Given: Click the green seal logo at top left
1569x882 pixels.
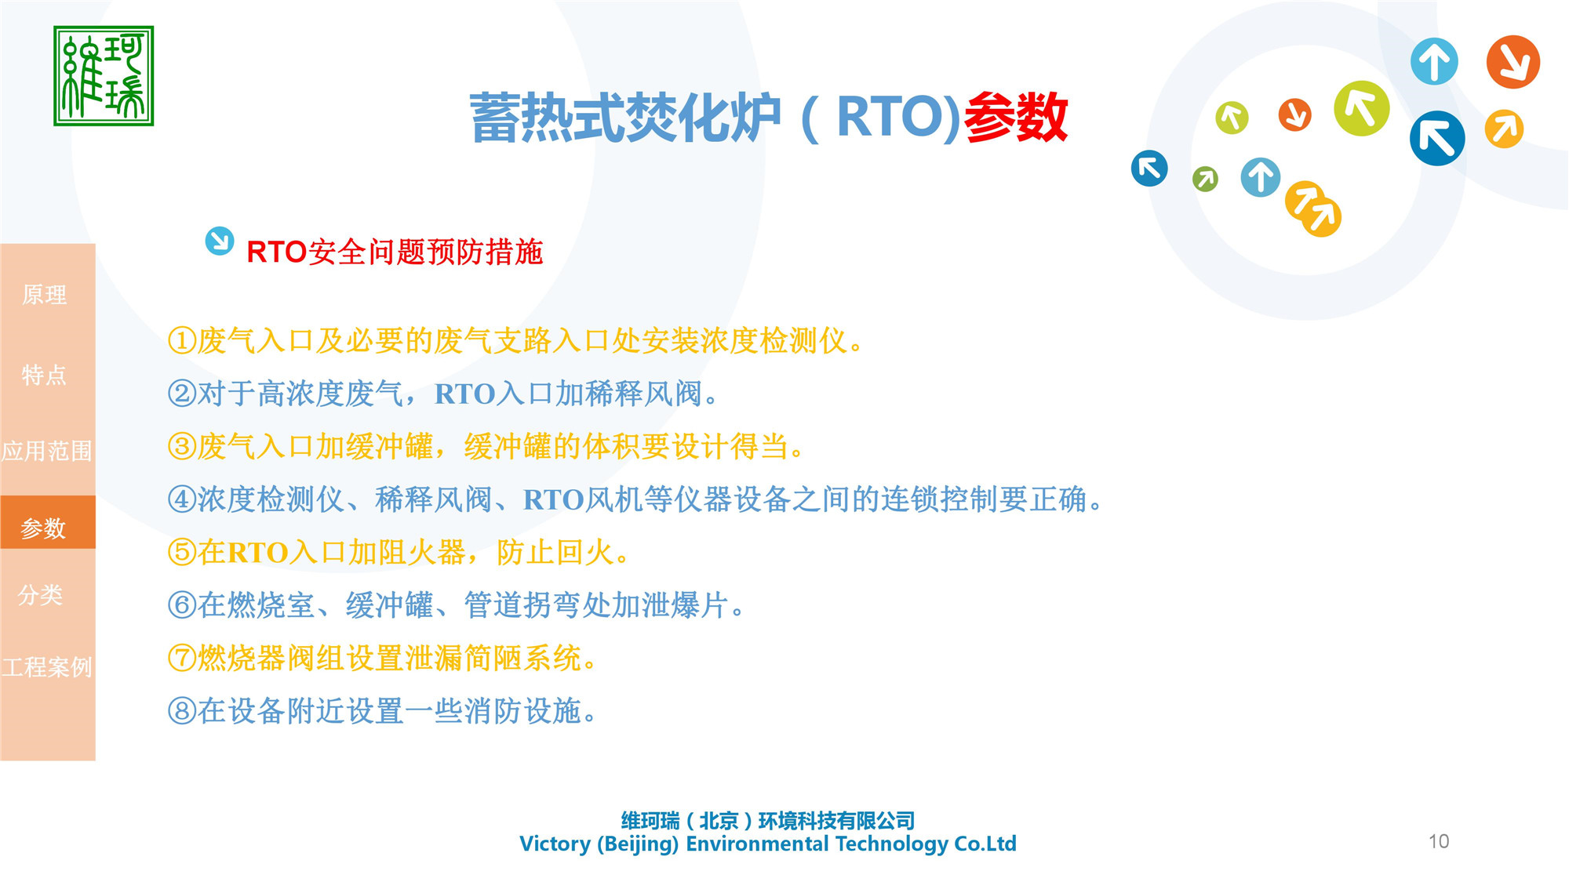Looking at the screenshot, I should (104, 76).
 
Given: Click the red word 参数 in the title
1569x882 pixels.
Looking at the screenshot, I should (1015, 118).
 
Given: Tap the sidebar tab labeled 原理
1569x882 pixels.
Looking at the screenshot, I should (45, 295).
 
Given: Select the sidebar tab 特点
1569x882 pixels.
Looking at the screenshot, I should (45, 375).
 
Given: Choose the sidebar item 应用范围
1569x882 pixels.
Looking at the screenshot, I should (47, 451).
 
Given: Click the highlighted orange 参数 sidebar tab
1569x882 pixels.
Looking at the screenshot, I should (45, 528).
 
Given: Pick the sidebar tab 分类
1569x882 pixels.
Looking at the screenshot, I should (41, 594).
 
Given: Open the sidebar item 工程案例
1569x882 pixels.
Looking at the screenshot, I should (47, 667).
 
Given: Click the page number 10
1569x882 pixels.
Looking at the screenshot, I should (1438, 841).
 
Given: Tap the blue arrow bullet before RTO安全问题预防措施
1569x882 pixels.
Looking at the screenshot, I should (219, 241).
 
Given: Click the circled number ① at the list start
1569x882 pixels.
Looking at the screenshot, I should (181, 341).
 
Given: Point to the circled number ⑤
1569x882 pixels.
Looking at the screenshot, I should (181, 553).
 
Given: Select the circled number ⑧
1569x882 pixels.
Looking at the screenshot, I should (181, 711).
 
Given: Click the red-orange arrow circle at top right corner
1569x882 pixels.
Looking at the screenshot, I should (1513, 62).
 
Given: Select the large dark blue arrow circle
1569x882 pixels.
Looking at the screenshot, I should (1437, 139).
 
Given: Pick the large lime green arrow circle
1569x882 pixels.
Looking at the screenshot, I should (1361, 109).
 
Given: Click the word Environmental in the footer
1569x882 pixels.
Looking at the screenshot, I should (756, 844).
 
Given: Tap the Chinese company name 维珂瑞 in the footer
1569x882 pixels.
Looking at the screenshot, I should (650, 821).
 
